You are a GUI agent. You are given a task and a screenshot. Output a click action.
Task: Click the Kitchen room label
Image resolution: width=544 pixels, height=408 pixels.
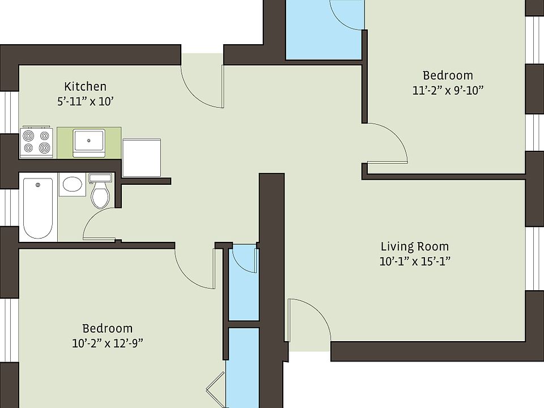click(85, 87)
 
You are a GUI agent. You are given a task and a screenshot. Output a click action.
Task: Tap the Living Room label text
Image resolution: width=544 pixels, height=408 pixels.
click(414, 246)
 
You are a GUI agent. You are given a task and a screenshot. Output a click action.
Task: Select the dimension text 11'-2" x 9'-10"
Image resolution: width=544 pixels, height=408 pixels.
click(448, 90)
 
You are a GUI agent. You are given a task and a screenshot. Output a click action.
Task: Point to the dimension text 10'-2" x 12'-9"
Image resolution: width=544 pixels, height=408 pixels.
click(108, 343)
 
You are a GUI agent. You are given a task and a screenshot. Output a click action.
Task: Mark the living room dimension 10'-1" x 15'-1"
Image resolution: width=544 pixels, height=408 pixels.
click(414, 261)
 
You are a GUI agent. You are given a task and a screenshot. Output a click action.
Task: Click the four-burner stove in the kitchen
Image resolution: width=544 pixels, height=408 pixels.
click(36, 142)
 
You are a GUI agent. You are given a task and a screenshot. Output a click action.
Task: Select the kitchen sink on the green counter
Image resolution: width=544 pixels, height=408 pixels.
click(89, 142)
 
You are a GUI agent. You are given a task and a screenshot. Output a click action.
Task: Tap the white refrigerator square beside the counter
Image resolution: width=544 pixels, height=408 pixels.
click(143, 159)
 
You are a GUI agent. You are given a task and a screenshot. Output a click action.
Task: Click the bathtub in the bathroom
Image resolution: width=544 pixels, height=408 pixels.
click(38, 207)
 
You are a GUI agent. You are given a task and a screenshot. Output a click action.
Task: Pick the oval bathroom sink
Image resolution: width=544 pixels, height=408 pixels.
click(72, 184)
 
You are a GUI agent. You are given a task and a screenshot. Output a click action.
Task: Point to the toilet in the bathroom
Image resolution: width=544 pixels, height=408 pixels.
click(100, 192)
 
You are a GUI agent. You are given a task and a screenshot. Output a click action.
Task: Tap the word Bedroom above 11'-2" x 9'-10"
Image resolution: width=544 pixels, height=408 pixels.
click(448, 75)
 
